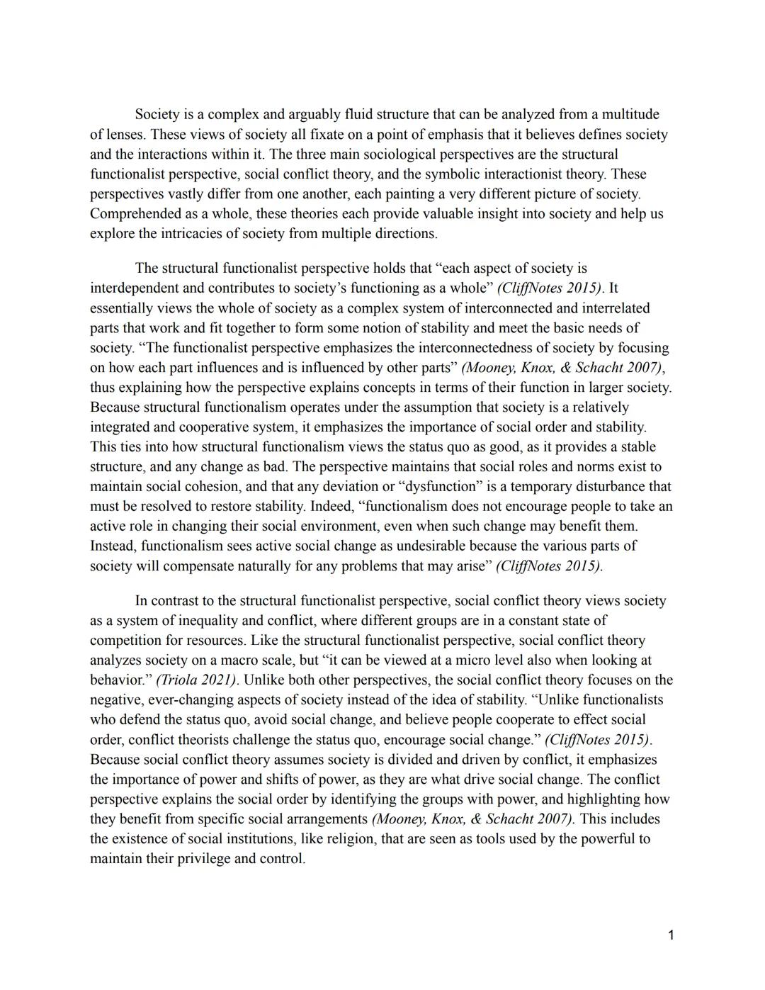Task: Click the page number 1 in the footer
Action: click(x=670, y=935)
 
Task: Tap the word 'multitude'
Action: click(x=630, y=114)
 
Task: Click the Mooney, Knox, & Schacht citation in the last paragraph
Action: click(x=472, y=819)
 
